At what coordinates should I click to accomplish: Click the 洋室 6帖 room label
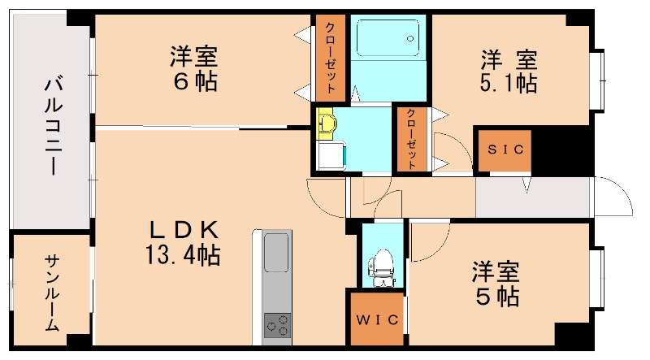pos(193,69)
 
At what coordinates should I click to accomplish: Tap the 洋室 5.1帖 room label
pos(509,71)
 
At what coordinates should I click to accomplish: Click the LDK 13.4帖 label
pos(183,242)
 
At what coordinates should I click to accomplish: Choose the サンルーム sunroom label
pos(51,292)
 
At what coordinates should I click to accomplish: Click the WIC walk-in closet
pos(377,319)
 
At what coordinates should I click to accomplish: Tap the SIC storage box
pos(504,150)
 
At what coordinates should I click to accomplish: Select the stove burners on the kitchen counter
pos(277,324)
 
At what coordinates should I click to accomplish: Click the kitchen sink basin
pos(277,253)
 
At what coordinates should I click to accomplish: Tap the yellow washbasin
pos(327,123)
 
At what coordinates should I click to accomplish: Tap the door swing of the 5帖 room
pos(428,241)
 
